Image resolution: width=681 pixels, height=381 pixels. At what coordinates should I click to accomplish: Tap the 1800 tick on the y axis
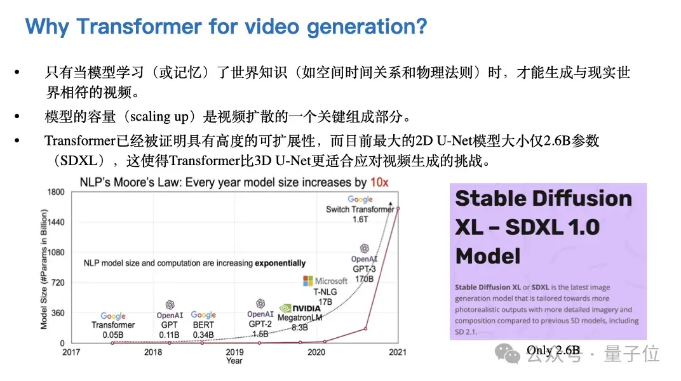(x=56, y=192)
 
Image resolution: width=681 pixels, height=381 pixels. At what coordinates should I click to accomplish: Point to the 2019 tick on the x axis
(x=234, y=352)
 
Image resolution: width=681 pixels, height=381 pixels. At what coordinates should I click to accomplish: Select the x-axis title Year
(x=234, y=361)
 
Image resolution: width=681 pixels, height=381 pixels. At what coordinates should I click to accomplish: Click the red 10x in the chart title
(x=380, y=183)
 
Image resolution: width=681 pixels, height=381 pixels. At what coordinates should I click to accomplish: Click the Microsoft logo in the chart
(x=309, y=281)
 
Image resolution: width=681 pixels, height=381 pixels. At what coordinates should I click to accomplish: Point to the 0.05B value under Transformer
(x=113, y=333)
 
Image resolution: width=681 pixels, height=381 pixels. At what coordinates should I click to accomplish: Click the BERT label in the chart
(x=203, y=324)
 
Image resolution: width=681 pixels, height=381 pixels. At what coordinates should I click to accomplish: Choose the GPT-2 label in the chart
(x=260, y=324)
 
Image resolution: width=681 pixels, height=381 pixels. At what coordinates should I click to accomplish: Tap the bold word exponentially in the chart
(x=280, y=263)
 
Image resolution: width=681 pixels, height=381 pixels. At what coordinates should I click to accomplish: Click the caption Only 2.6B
(x=553, y=350)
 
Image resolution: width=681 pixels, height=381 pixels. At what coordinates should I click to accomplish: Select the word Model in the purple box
(x=488, y=257)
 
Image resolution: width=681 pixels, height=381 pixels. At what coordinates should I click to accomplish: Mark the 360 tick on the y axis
(x=57, y=313)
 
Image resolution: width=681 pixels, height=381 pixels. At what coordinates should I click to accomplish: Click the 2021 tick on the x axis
(x=398, y=352)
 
